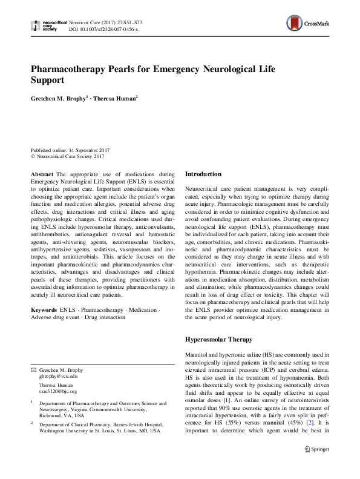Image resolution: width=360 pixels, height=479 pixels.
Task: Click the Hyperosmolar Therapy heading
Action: point(220,340)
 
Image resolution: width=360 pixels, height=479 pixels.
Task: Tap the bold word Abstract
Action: point(42,174)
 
